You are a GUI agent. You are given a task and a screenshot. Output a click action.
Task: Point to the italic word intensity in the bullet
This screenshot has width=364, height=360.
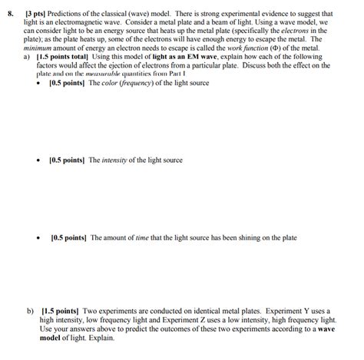117,160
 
